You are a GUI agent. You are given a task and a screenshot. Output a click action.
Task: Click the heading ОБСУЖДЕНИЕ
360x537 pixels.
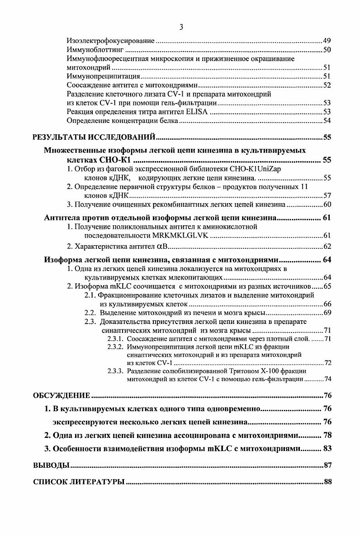(62, 396)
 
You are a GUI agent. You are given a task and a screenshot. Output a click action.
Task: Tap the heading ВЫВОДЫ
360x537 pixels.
(51, 465)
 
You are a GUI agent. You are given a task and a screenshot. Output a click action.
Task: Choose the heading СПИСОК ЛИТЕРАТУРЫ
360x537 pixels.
(79, 482)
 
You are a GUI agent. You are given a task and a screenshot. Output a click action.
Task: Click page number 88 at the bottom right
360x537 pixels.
(328, 482)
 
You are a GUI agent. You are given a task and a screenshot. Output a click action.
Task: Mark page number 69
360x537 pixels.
(328, 313)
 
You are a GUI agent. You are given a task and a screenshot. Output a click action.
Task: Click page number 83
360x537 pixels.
(327, 448)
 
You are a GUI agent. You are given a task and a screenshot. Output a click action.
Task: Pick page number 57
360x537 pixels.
(328, 195)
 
